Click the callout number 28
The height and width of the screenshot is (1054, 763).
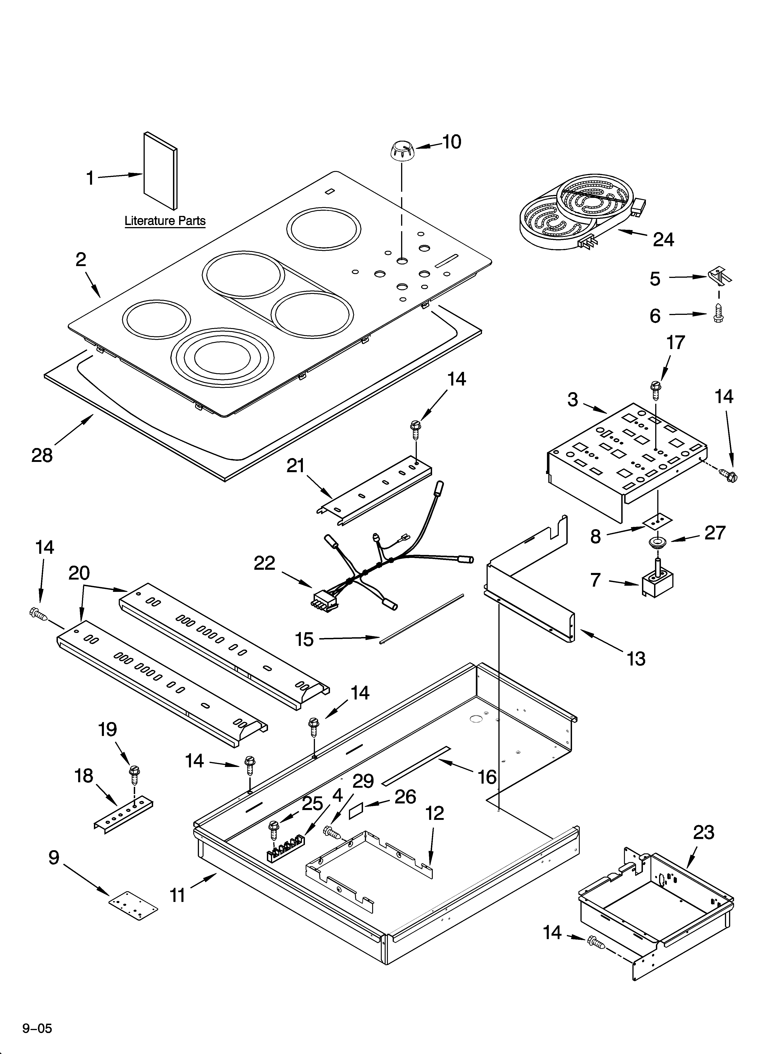click(x=42, y=456)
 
